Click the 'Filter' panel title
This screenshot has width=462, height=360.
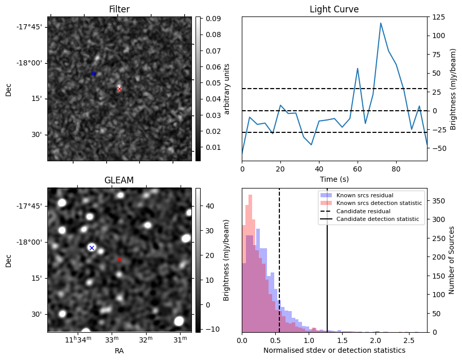119,9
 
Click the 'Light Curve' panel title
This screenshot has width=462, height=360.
334,9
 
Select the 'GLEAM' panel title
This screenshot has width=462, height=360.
119,180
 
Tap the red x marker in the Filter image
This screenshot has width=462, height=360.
119,89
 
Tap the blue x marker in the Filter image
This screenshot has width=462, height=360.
93,74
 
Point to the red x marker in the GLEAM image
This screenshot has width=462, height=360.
119,260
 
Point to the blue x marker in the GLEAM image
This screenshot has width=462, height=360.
92,248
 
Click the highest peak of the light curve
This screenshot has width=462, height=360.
381,23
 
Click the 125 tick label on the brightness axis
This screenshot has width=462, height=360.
438,17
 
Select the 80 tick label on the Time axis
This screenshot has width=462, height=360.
396,168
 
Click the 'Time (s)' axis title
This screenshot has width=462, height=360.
334,178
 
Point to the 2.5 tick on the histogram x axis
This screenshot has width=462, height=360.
409,341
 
